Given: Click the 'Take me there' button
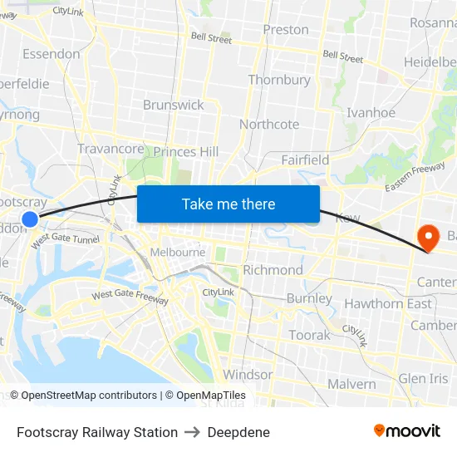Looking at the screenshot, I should tap(228, 204).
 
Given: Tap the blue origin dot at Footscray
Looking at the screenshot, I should tap(30, 219).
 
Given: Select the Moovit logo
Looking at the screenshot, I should tap(407, 430).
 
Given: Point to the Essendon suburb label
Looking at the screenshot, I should tap(52, 54).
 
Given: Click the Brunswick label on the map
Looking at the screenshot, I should tap(173, 105).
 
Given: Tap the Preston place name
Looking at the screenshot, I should tap(285, 30).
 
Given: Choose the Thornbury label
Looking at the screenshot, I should tap(279, 80).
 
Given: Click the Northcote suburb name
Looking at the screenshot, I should tap(269, 124).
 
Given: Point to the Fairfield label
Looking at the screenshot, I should tap(305, 160).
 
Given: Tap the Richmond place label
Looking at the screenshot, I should tap(273, 270).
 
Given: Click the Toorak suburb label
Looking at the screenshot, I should tap(309, 335).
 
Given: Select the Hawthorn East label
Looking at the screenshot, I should tap(388, 303).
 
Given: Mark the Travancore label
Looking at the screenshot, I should tap(111, 149).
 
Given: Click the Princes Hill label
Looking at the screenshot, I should tap(186, 152).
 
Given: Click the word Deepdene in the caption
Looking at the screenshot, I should tap(238, 432).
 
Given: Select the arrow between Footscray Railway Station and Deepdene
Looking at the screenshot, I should tap(193, 432).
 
